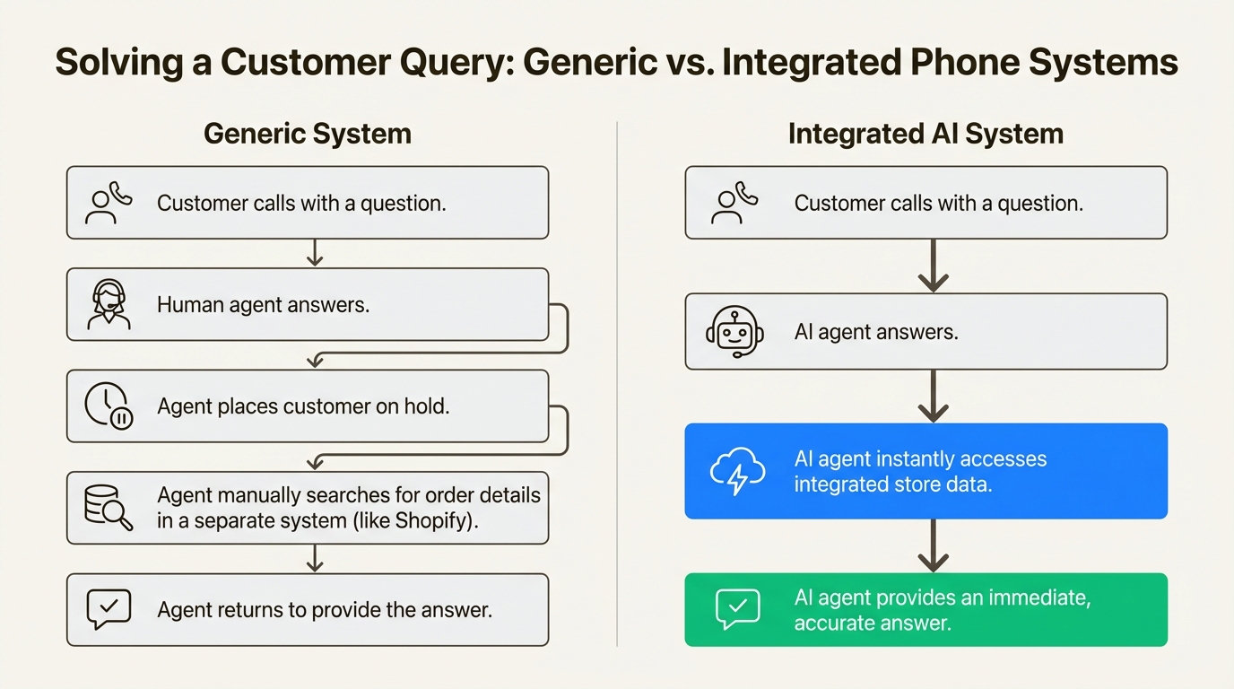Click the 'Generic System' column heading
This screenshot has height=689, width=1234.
click(307, 135)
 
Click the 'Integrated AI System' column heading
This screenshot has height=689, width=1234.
click(925, 135)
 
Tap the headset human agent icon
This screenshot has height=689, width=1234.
click(109, 305)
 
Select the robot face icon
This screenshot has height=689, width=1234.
click(734, 332)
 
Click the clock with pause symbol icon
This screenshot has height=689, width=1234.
click(109, 406)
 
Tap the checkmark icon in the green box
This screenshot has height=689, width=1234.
click(737, 609)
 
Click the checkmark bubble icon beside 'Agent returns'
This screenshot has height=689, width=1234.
click(109, 610)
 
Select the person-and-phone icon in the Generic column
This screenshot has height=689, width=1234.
click(109, 203)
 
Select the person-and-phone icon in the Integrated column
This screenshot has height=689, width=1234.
click(734, 203)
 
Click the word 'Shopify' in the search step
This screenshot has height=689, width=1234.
click(436, 520)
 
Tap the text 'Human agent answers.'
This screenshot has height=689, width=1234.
click(263, 305)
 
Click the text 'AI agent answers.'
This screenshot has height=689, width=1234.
click(875, 332)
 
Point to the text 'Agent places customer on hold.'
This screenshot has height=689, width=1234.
click(303, 406)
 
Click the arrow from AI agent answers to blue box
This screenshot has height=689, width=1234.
click(934, 396)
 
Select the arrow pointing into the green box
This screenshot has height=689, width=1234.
click(934, 545)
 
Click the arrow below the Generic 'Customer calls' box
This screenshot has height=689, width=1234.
click(314, 253)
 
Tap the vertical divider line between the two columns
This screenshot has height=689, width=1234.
click(617, 386)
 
